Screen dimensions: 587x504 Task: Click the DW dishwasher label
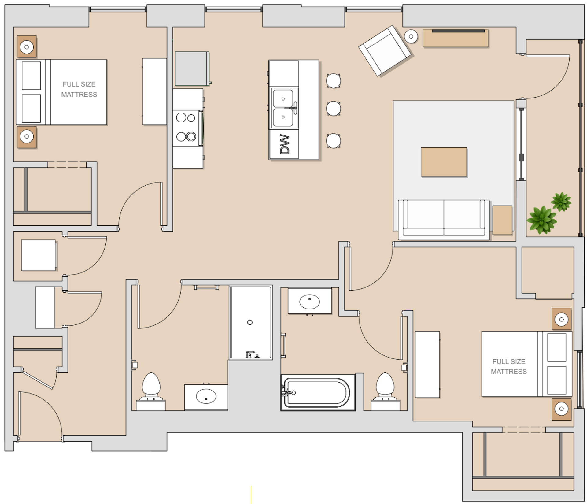(284, 144)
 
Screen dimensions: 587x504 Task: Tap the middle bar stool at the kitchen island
(333, 109)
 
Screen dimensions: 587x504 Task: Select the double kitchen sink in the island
(283, 108)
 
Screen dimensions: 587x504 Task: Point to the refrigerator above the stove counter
(192, 69)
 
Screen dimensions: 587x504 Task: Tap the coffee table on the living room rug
(444, 162)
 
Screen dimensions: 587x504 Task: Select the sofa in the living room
(444, 220)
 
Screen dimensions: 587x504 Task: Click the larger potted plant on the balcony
(541, 220)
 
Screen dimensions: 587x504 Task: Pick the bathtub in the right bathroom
(318, 393)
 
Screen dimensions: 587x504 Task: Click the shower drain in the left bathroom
(250, 322)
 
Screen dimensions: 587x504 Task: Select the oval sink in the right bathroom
(309, 302)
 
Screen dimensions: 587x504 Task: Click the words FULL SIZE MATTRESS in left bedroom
(79, 89)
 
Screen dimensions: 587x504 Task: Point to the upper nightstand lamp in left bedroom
(27, 47)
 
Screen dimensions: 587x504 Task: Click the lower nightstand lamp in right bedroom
(561, 409)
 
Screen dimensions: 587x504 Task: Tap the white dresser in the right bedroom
(427, 364)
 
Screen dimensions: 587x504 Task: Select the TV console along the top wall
(455, 38)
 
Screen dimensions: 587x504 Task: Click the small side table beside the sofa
(502, 220)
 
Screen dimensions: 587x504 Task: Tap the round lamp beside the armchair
(411, 36)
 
